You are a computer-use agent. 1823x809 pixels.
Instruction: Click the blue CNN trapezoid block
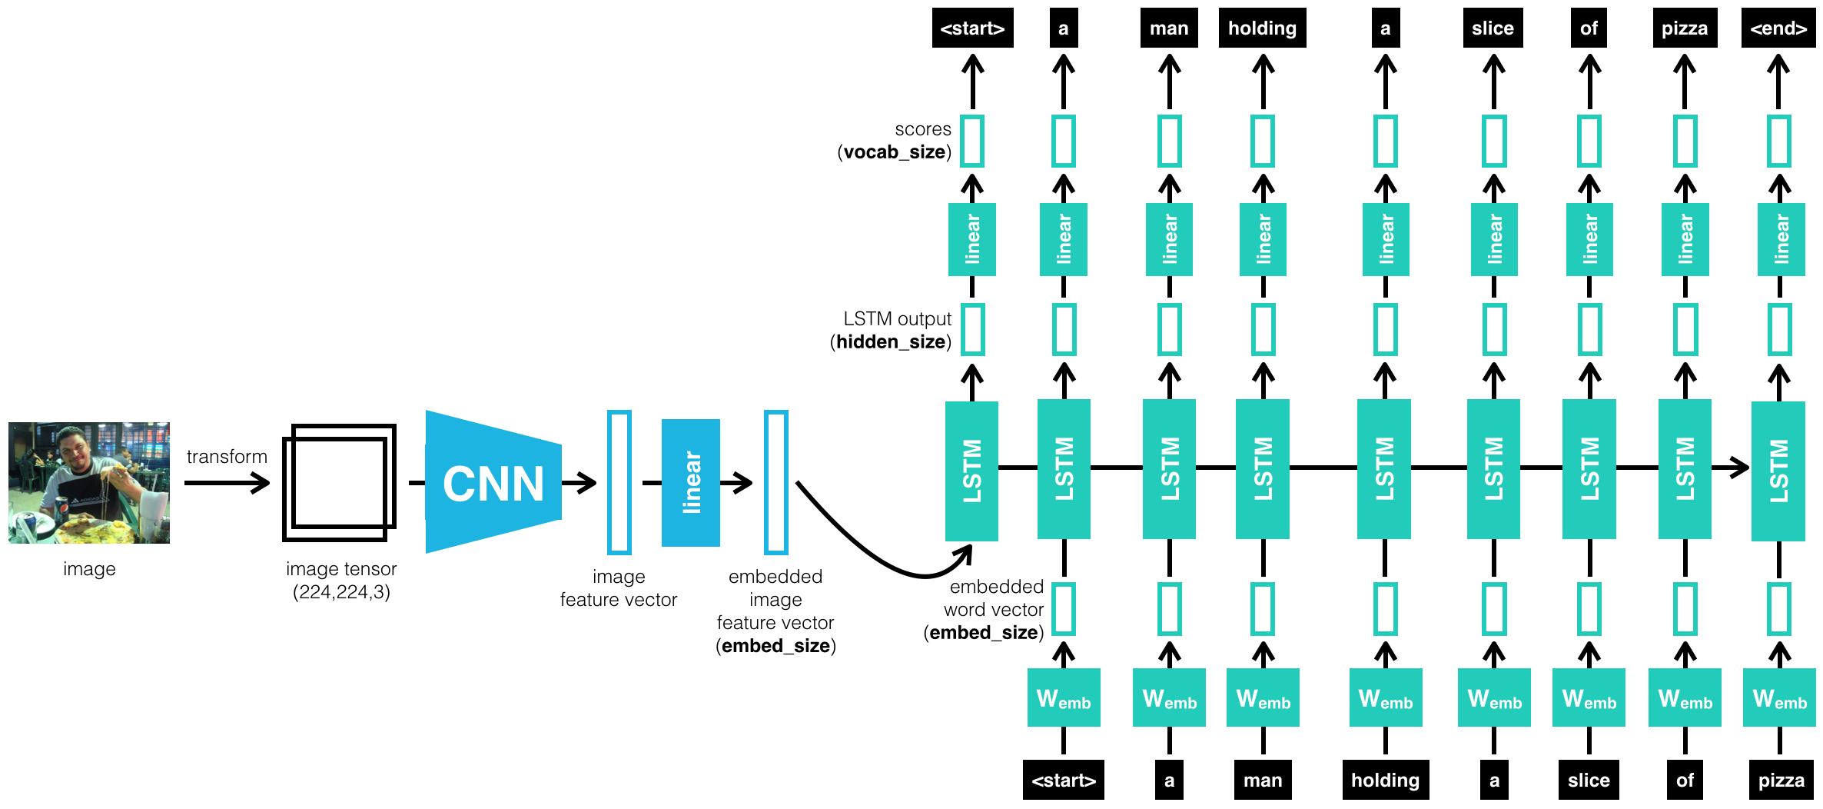click(493, 483)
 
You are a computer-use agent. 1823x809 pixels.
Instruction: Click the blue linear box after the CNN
click(690, 483)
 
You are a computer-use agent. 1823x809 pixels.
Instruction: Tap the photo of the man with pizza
click(89, 482)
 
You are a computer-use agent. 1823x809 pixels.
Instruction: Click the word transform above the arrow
click(227, 457)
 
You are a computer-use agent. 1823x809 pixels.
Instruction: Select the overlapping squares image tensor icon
click(339, 482)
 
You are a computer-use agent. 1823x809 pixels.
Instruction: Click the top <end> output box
click(1778, 28)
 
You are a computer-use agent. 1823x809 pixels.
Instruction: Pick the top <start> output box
click(972, 28)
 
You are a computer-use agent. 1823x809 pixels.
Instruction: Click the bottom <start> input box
click(1063, 780)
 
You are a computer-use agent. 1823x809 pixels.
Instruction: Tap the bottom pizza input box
click(1781, 780)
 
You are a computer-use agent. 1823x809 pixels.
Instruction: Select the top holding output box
click(1262, 28)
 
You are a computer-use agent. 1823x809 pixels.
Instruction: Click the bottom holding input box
click(1385, 780)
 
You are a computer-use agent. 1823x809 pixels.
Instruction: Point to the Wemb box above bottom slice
click(1589, 697)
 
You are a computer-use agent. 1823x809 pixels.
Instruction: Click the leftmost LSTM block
click(971, 471)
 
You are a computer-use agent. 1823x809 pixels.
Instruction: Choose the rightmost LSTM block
click(1778, 471)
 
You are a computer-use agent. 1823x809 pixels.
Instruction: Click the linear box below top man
click(1169, 239)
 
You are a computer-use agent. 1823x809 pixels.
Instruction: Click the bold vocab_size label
click(894, 152)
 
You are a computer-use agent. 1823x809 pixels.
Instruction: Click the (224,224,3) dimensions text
click(341, 592)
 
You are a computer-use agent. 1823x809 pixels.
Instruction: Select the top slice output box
click(1493, 28)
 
